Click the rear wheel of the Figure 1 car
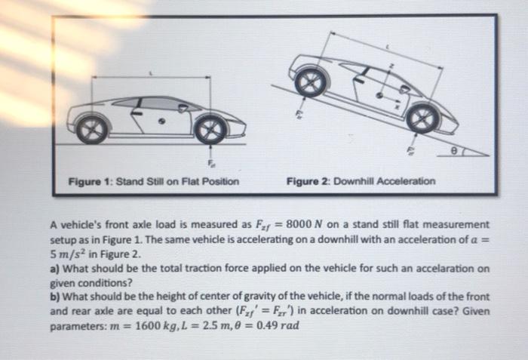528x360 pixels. tap(92, 130)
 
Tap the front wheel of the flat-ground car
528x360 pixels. tap(210, 130)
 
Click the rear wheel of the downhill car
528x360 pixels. tap(311, 82)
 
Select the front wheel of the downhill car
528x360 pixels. tap(422, 118)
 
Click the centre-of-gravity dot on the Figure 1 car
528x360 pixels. tap(161, 120)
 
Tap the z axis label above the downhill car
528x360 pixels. tap(391, 67)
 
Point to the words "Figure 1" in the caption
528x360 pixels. tap(89, 182)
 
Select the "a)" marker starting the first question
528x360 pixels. tap(55, 269)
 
